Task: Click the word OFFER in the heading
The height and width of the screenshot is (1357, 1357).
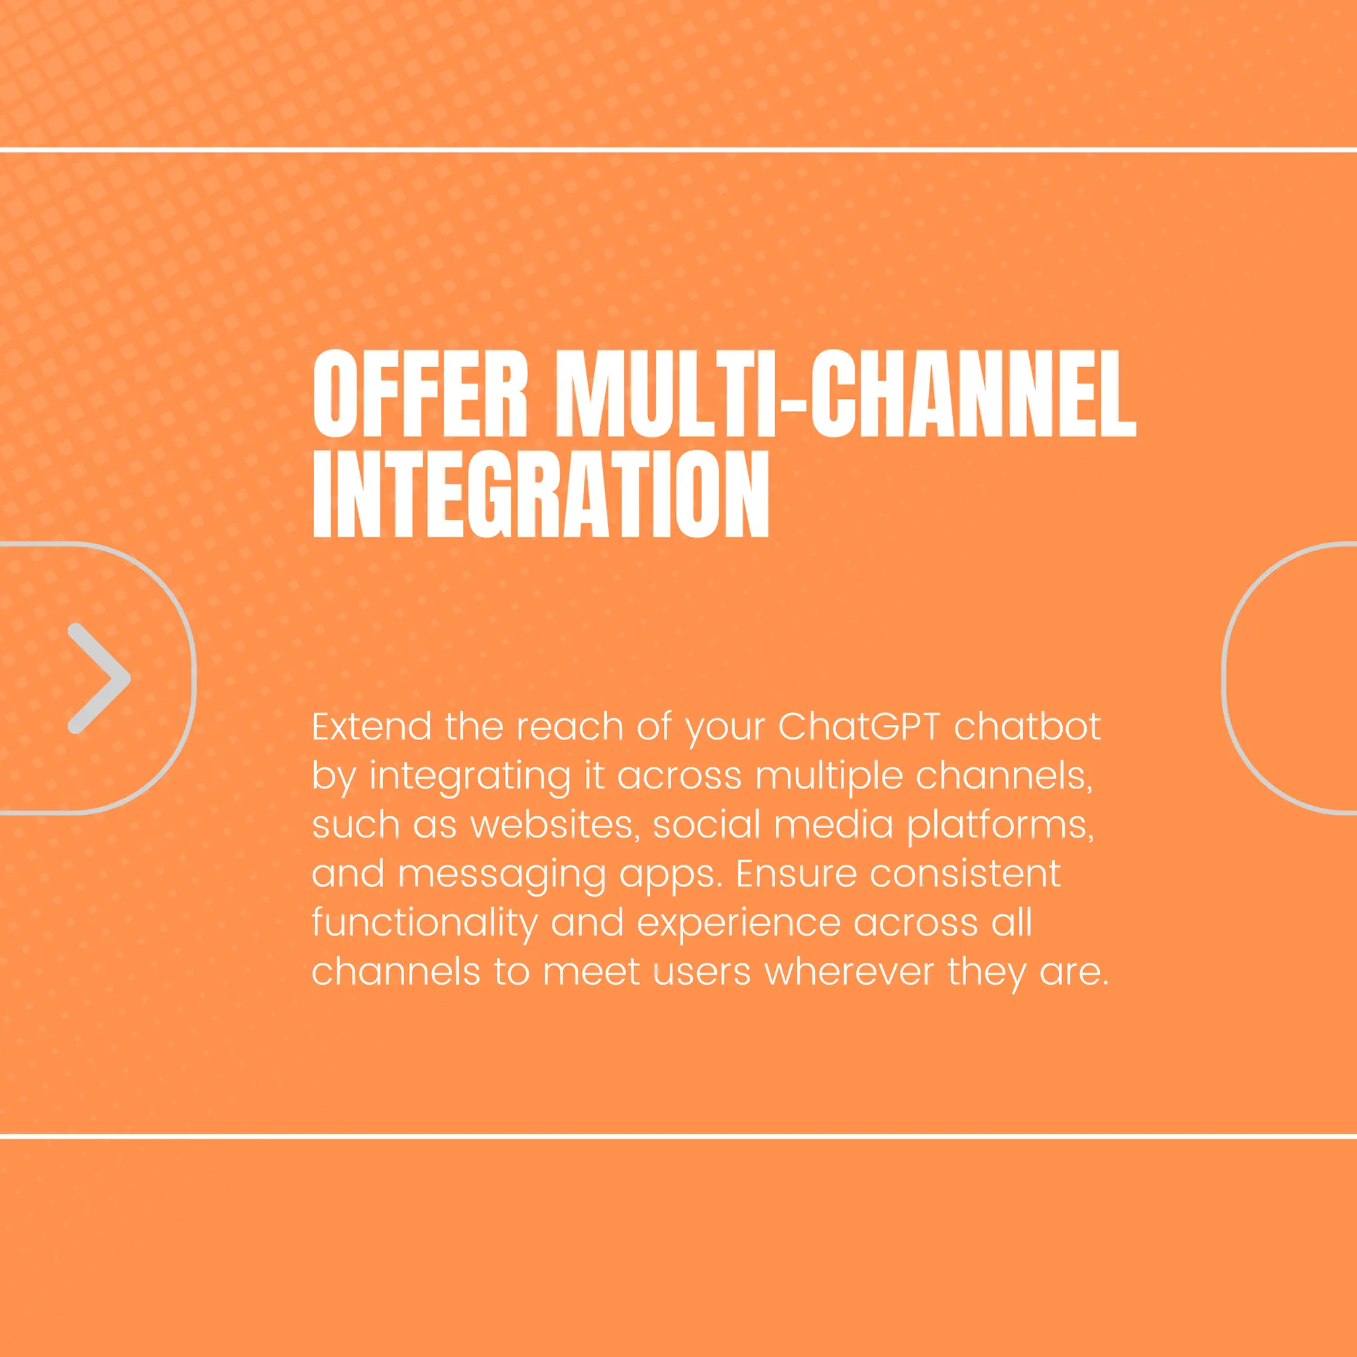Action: [x=419, y=395]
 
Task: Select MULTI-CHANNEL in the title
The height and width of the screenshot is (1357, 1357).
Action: [x=845, y=395]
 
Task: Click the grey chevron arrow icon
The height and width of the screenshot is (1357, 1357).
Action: [x=98, y=678]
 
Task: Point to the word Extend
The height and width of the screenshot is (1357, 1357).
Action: [x=372, y=727]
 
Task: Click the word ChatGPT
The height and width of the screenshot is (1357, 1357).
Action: [x=859, y=727]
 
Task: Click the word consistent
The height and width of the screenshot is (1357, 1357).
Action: [x=966, y=874]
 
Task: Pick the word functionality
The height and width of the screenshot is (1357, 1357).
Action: [x=424, y=924]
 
